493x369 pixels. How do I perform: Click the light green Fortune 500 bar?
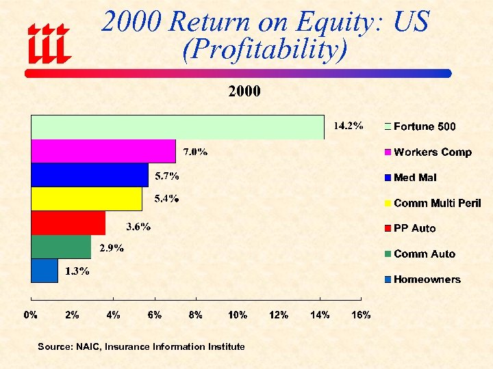[x=177, y=127]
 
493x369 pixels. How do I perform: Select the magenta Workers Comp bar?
[x=103, y=151]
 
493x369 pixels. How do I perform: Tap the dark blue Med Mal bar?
[x=90, y=175]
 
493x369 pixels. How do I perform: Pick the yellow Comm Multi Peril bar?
[x=86, y=199]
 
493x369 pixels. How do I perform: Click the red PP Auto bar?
[x=68, y=223]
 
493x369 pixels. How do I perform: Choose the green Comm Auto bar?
[x=61, y=247]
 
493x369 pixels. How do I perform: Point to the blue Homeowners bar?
[x=45, y=271]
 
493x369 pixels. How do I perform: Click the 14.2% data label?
[x=348, y=126]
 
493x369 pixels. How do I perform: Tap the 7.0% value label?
[x=194, y=151]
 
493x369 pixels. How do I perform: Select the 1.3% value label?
[x=77, y=271]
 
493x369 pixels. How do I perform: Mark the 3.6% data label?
[x=138, y=226]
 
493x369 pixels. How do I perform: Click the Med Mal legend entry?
[x=414, y=178]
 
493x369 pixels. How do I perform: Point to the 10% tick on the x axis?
[x=238, y=315]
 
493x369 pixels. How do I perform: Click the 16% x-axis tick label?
[x=361, y=315]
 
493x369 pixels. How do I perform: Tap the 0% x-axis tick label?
[x=31, y=315]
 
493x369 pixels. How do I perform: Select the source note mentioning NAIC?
[x=141, y=347]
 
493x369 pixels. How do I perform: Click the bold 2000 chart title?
[x=244, y=92]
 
